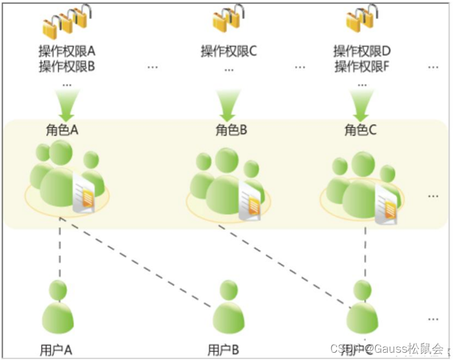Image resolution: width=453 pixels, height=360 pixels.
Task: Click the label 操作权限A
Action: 67,51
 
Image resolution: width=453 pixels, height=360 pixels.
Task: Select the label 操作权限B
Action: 67,66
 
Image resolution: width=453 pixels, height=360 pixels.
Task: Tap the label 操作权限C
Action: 229,51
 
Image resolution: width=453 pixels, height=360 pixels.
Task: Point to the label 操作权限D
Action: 362,51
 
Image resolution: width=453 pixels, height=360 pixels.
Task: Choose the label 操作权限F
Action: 362,66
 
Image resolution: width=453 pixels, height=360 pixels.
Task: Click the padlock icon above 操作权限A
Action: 66,21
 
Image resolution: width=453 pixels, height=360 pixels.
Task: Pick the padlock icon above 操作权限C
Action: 229,19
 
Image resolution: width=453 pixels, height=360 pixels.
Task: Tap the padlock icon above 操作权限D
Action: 362,19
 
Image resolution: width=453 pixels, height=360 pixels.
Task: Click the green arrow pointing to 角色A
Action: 66,105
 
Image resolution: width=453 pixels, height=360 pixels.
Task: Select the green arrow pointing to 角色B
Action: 229,105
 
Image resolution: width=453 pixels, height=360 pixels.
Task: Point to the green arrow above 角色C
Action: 363,105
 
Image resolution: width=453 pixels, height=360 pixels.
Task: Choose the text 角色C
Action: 361,130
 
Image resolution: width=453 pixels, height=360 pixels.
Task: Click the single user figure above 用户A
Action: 59,307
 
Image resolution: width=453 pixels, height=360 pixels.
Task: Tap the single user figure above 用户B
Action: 229,308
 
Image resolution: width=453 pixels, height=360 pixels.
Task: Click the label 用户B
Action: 223,350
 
